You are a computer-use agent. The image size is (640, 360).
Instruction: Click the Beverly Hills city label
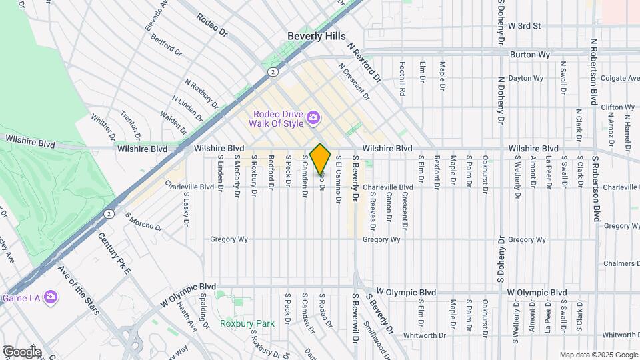coord(317,37)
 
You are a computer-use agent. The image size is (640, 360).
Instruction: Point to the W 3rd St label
coord(523,26)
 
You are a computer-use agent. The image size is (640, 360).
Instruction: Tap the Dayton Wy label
coord(525,78)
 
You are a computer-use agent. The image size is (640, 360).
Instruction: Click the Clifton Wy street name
coord(617,107)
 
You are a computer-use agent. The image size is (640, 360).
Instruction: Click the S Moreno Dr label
coord(143,223)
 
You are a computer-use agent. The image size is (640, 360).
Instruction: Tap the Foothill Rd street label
coord(403,76)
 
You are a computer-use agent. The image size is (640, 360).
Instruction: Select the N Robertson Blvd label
coord(593,72)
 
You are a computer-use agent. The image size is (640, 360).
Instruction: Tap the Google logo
coord(21,351)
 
